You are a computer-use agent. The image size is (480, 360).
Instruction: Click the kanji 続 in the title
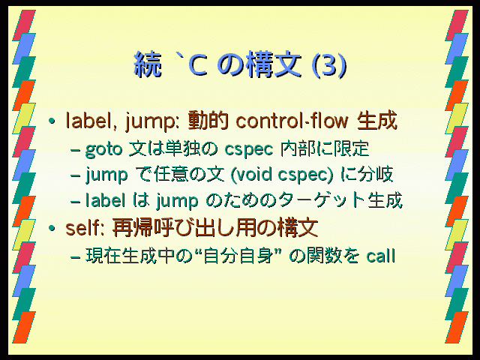(148, 64)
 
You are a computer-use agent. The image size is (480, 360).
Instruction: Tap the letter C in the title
(198, 65)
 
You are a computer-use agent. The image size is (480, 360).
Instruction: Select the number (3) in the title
(328, 65)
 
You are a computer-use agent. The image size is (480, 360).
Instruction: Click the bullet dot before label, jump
(52, 121)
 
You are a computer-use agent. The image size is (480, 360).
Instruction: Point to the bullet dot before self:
(52, 228)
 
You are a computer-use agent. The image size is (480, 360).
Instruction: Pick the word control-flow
(292, 121)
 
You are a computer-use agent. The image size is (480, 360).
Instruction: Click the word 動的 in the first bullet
(208, 120)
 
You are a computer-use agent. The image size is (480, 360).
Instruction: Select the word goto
(103, 150)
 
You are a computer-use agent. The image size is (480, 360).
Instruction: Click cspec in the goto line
(248, 150)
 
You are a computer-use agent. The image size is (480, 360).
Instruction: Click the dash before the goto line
(75, 151)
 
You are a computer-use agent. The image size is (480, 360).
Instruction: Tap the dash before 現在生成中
(75, 256)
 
